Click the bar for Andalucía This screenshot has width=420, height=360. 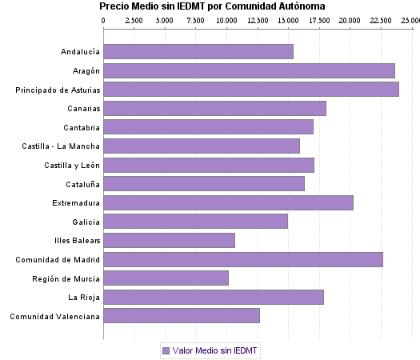tap(198, 52)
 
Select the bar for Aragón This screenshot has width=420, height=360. tap(249, 70)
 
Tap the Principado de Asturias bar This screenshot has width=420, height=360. tap(251, 90)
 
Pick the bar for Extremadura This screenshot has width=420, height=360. tap(228, 202)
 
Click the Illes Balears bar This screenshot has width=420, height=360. tap(169, 240)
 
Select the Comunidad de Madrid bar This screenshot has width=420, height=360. tap(243, 259)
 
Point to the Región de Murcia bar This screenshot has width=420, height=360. tap(166, 278)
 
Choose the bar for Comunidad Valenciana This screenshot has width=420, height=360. tap(182, 316)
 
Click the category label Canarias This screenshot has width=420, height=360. tap(83, 109)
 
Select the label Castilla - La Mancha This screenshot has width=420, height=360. tap(62, 146)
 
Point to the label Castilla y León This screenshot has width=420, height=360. tap(72, 165)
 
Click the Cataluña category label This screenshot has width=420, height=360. tap(82, 184)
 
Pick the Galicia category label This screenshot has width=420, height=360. tap(86, 222)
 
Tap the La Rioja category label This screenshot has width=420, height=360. tap(84, 297)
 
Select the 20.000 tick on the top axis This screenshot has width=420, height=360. tap(349, 19)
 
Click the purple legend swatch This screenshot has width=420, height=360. tap(166, 350)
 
